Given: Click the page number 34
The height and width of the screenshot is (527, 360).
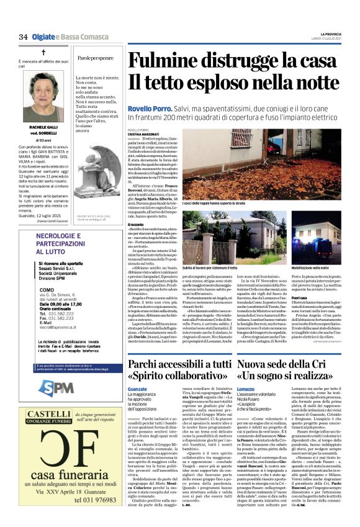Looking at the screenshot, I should pos(23,37).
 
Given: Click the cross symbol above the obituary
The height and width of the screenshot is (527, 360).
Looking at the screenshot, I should pos(43,53).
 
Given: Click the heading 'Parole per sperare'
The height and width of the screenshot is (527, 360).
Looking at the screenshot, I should pos(96,58).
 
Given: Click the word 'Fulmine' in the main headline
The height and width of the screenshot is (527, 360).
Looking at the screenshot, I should pos(164,61).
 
